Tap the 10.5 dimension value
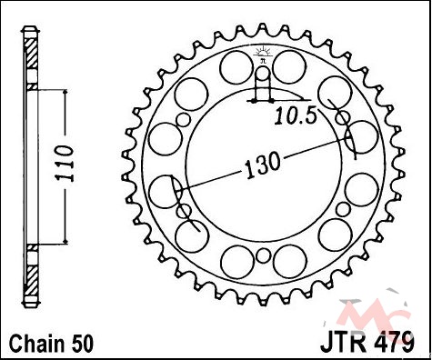click(x=296, y=116)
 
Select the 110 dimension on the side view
click(x=65, y=164)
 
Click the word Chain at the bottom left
click(x=37, y=344)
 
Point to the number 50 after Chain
click(x=82, y=344)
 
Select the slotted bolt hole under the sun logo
click(x=263, y=83)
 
